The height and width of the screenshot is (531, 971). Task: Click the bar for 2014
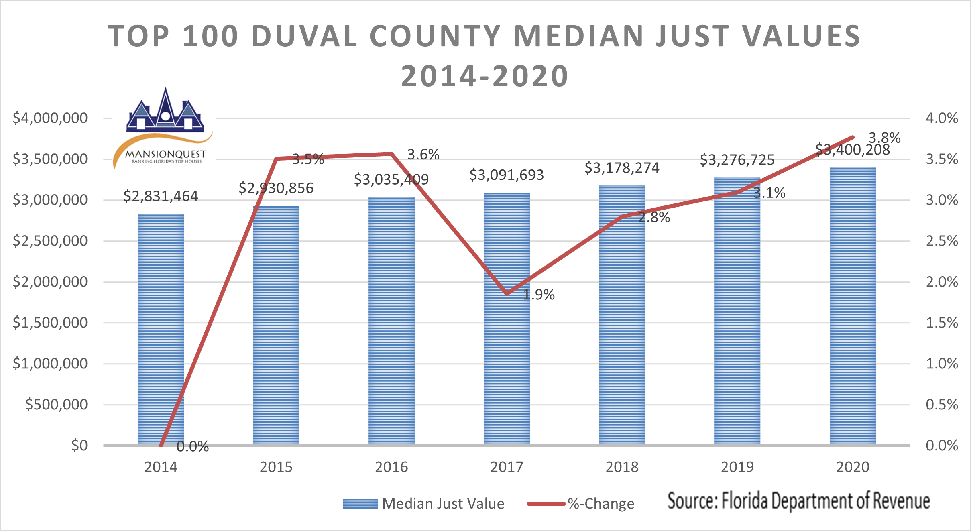(x=161, y=329)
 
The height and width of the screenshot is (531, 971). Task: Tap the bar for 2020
(x=853, y=305)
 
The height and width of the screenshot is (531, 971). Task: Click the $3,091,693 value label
(x=507, y=175)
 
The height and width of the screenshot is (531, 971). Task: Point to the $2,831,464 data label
(x=161, y=196)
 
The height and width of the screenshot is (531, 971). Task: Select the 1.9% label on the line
(x=539, y=295)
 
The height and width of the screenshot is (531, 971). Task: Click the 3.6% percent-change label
(x=423, y=155)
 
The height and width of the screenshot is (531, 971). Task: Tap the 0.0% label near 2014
(x=193, y=446)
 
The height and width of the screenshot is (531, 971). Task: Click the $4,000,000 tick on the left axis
(x=50, y=118)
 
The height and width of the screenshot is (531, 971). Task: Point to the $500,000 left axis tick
(x=56, y=404)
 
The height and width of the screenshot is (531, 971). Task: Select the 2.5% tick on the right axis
(x=942, y=241)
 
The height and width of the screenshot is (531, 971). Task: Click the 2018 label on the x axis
(x=622, y=467)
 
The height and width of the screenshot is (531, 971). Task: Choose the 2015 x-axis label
(x=276, y=467)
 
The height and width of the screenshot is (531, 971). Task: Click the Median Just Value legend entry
(x=423, y=504)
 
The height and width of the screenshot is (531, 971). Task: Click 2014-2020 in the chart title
(x=485, y=76)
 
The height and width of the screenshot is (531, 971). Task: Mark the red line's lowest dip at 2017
(x=507, y=293)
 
